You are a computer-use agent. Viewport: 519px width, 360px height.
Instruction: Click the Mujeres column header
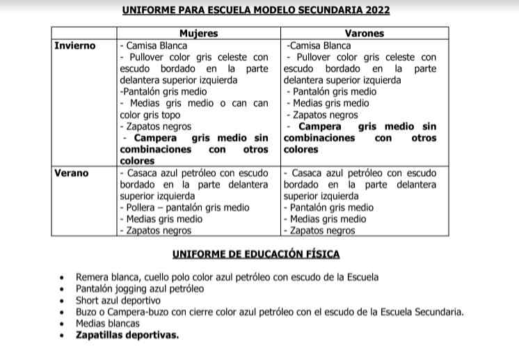(198, 33)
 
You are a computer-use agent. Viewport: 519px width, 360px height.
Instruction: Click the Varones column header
(364, 33)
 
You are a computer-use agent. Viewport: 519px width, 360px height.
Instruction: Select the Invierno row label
(75, 45)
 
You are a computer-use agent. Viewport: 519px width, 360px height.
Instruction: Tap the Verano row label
(72, 173)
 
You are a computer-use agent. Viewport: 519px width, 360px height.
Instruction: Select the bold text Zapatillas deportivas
(127, 335)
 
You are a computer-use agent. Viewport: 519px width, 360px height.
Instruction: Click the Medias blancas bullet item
(108, 323)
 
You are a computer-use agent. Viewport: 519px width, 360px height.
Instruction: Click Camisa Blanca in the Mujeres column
(146, 45)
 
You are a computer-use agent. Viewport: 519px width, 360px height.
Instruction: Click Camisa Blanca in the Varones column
(319, 45)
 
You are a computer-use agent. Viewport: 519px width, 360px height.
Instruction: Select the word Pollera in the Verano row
(143, 208)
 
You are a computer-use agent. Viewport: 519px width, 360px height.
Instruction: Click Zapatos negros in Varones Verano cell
(322, 230)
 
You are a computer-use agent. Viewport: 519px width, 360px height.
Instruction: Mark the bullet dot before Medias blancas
(63, 324)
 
